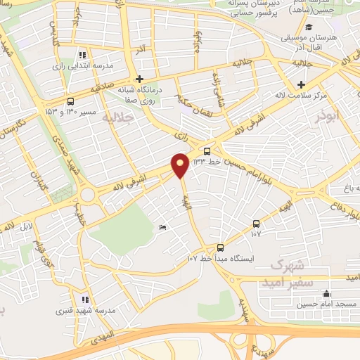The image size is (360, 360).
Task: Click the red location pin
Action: (x=180, y=165)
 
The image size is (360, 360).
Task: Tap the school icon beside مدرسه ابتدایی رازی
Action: (x=83, y=54)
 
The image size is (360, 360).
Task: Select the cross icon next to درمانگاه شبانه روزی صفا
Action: (x=139, y=79)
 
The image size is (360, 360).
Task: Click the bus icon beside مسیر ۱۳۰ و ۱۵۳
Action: (x=70, y=101)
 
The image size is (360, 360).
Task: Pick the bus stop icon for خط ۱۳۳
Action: (x=207, y=150)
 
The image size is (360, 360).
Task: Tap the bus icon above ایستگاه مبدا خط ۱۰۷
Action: (x=220, y=247)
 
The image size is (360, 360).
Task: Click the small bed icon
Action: (x=162, y=226)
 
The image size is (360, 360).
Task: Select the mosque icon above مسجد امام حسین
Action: (x=326, y=293)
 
